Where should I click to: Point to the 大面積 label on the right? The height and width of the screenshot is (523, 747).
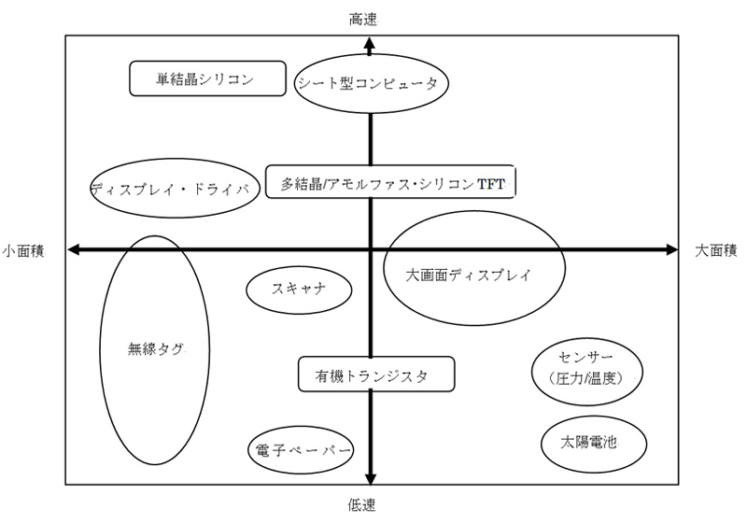click(716, 249)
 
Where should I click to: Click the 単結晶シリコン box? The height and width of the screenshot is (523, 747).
click(205, 78)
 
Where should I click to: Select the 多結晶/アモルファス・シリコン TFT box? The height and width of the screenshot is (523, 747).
click(390, 182)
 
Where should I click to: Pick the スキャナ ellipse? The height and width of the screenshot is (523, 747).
click(299, 289)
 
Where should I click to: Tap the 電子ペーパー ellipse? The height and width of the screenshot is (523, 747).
click(302, 451)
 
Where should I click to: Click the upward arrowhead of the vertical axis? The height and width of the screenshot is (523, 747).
click(371, 45)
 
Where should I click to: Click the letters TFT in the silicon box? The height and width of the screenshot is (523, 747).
click(491, 184)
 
